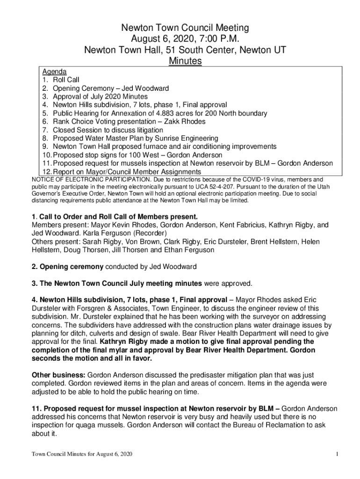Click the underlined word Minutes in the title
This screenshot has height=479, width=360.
click(186, 61)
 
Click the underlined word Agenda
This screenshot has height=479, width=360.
click(54, 72)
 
